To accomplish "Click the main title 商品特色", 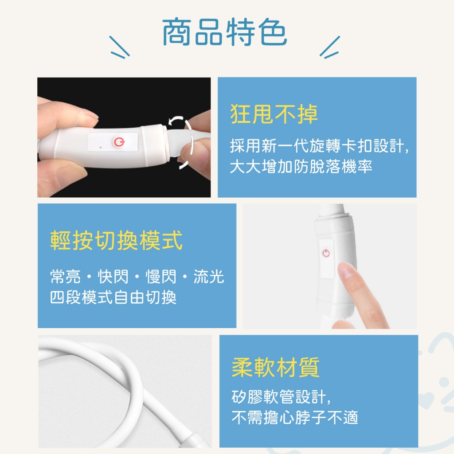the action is (224, 32).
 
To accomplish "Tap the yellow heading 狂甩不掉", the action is (274, 114).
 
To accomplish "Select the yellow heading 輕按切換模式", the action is (117, 240).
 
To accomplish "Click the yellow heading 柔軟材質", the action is (276, 367).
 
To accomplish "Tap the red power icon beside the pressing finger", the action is (326, 253).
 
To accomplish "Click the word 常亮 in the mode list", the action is (65, 276).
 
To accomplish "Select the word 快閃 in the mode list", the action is (113, 276).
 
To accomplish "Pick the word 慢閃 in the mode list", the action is (161, 276).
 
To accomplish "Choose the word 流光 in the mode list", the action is (209, 276).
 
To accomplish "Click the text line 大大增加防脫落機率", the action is (301, 167).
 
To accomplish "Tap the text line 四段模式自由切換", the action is (113, 297).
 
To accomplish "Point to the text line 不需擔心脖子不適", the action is (295, 417).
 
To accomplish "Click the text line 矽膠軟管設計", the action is (281, 397).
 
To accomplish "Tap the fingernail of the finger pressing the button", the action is (345, 270).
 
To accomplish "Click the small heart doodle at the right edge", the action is (427, 399).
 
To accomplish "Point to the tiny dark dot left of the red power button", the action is (101, 147).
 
